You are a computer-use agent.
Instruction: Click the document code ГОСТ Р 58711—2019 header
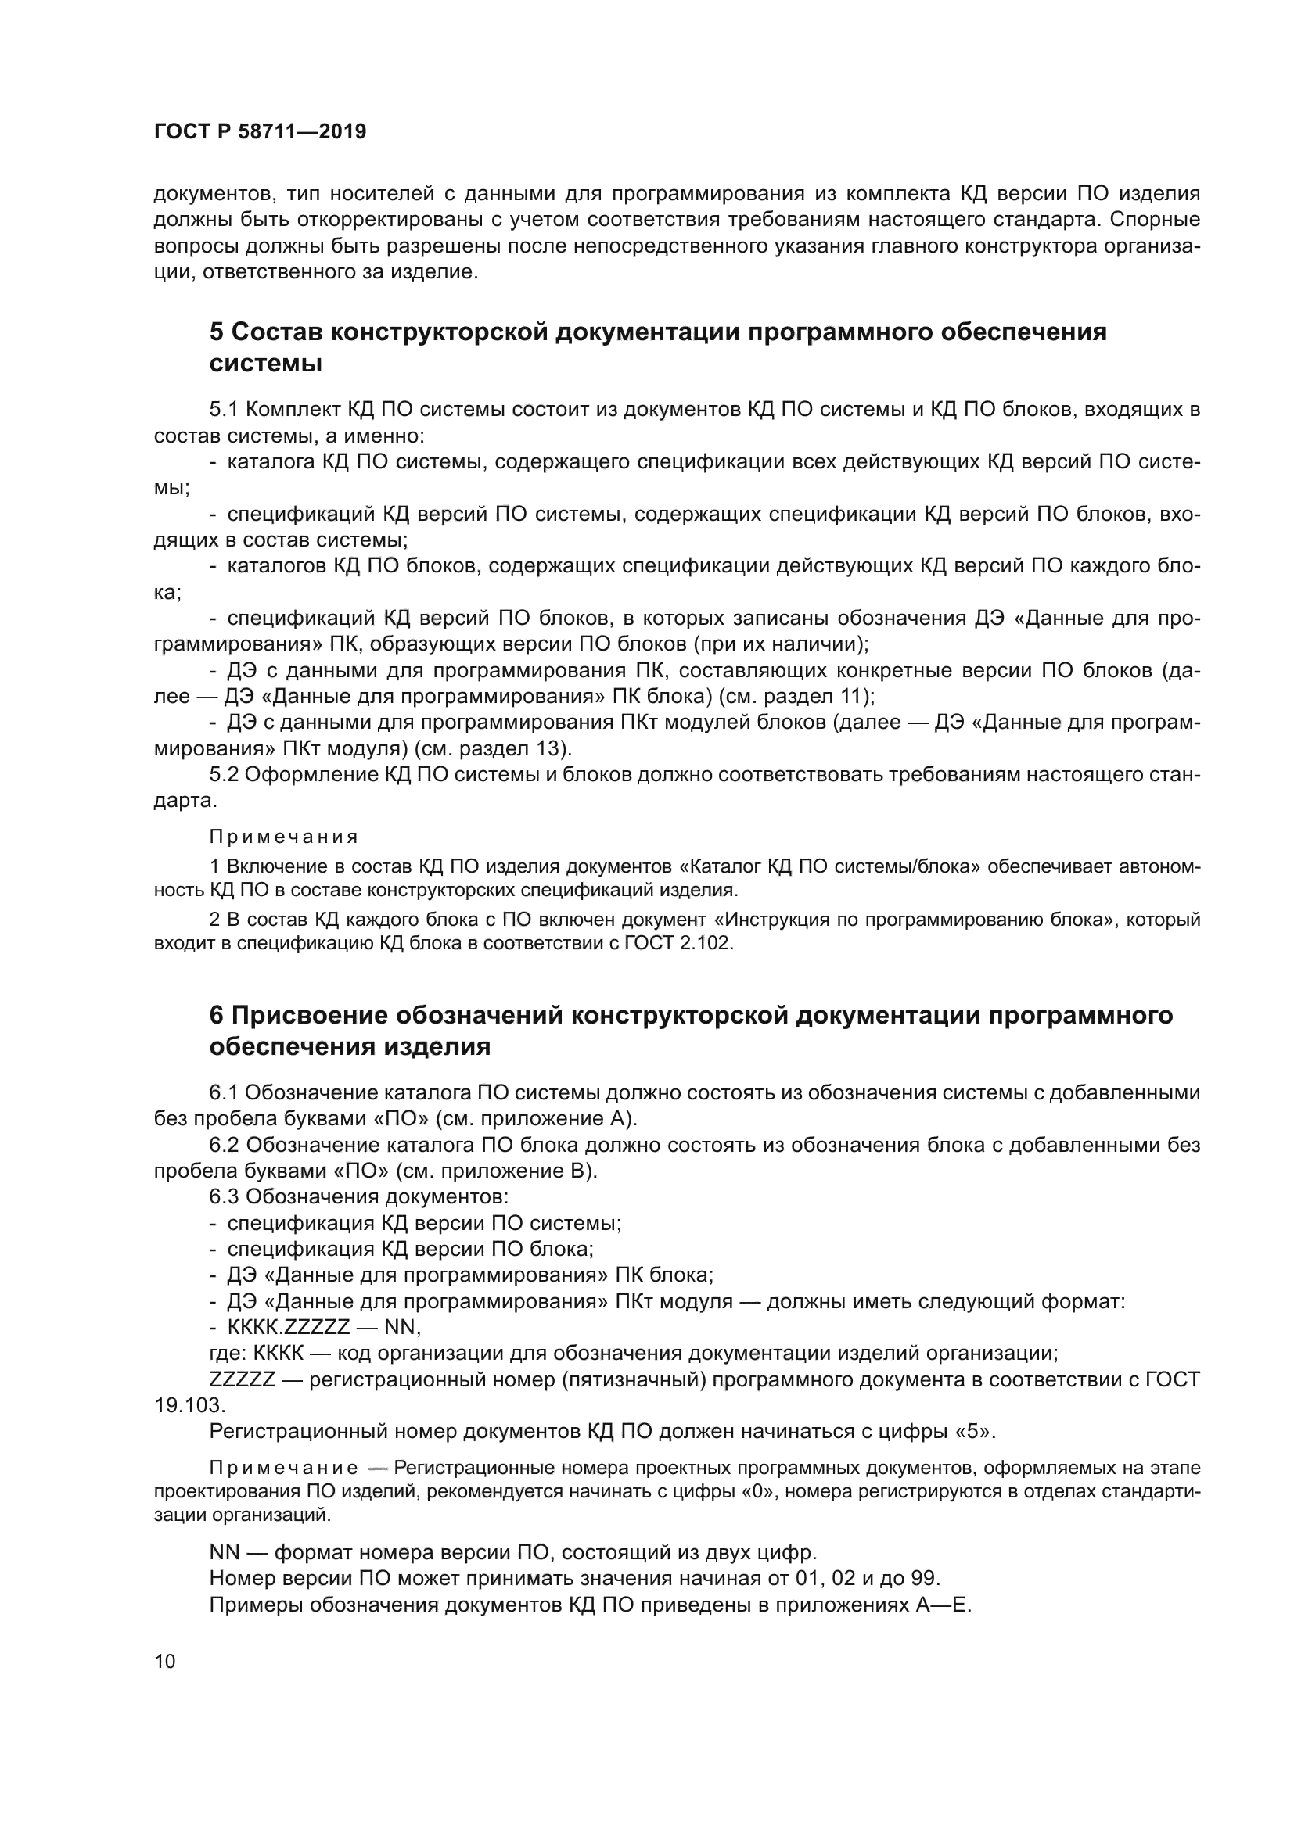pyautogui.click(x=260, y=132)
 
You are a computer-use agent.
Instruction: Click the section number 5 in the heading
pyautogui.click(x=217, y=332)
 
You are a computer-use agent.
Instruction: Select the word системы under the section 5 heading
pyautogui.click(x=265, y=364)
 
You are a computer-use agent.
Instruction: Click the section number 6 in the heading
pyautogui.click(x=217, y=1015)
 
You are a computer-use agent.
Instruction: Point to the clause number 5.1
pyautogui.click(x=224, y=410)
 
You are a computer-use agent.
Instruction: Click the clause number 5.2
pyautogui.click(x=224, y=774)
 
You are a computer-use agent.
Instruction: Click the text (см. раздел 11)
pyautogui.click(x=796, y=696)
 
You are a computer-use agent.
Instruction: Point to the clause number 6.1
pyautogui.click(x=224, y=1093)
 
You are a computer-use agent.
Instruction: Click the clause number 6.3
pyautogui.click(x=224, y=1196)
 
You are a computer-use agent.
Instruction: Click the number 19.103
pyautogui.click(x=189, y=1405)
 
